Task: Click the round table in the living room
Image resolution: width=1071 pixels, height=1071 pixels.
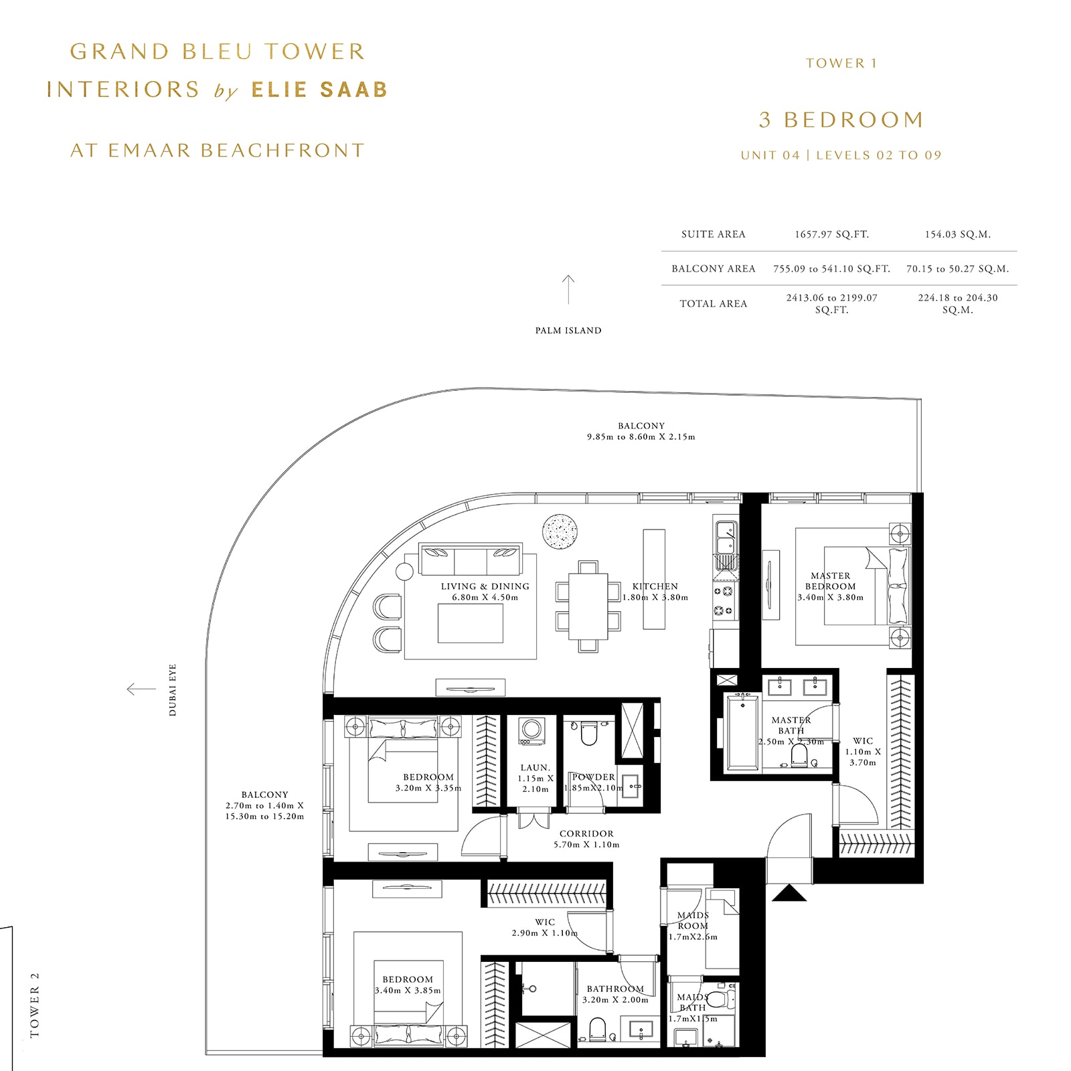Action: coord(560,532)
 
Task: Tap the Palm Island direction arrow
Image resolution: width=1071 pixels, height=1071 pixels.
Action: coord(568,289)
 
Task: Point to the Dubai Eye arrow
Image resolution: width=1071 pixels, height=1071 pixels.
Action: coord(141,689)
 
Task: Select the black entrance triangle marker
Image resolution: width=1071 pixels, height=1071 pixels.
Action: coord(789,893)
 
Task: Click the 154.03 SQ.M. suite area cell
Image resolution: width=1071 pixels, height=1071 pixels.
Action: coord(957,234)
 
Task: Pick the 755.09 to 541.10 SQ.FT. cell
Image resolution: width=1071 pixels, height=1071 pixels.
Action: coord(831,268)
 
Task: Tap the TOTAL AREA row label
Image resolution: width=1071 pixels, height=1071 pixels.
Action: coord(713,303)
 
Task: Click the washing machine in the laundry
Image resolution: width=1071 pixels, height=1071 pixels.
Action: coord(532,731)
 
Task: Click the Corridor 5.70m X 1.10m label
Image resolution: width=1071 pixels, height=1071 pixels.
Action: coord(586,839)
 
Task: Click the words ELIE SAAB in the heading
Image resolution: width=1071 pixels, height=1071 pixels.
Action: coord(319,90)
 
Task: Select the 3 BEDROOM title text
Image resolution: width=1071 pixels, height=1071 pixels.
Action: coord(841,120)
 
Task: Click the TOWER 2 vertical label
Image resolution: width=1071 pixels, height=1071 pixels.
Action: coord(35,1004)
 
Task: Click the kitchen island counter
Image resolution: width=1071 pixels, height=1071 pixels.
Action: coord(654,578)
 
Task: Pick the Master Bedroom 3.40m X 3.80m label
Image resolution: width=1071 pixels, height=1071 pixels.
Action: coord(830,586)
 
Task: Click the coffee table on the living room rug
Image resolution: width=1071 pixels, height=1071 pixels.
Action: coord(470,623)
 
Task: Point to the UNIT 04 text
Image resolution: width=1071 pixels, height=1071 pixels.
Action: coord(770,155)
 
